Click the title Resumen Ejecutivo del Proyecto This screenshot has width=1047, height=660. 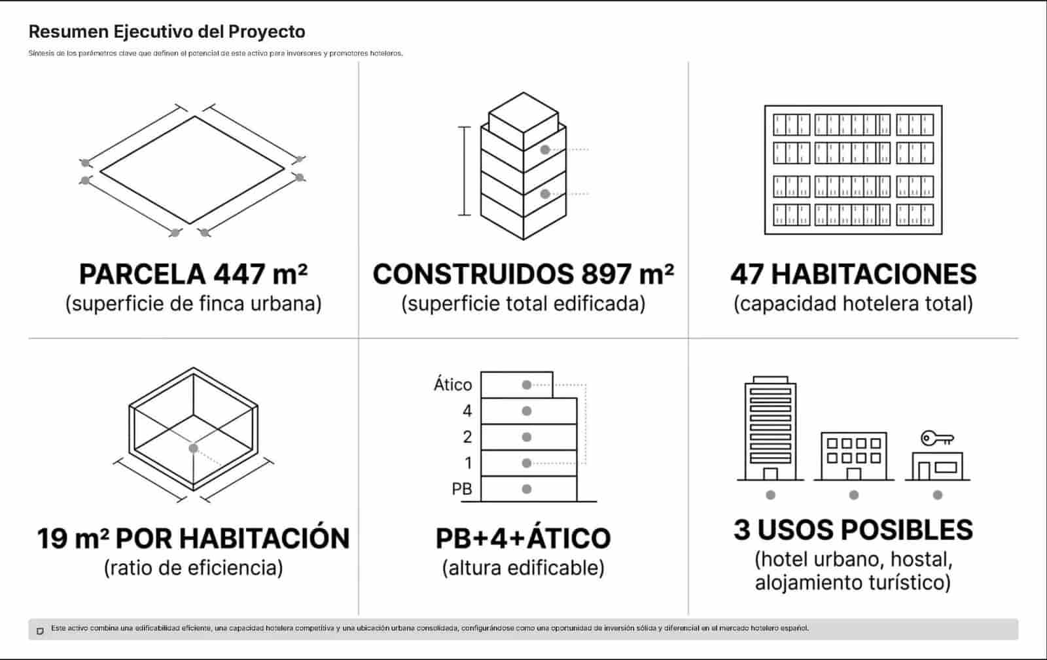coord(167,32)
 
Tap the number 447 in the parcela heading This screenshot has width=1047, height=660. coord(240,274)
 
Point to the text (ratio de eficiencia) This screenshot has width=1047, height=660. coord(194,568)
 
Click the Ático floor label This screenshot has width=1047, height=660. coord(453,384)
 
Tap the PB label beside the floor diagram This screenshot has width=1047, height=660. coord(462,489)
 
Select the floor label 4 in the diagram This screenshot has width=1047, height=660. coord(467,411)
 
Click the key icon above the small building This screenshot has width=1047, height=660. coord(937,438)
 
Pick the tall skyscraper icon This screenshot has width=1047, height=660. coord(770,428)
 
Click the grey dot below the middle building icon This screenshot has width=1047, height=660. coord(854,495)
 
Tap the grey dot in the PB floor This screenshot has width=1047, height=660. coord(527,489)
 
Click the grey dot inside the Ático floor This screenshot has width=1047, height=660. coord(527,385)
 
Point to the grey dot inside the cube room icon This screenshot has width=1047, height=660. coord(194,448)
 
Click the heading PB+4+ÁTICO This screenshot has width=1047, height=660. coord(523,538)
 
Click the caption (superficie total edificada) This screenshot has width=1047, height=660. coord(523,304)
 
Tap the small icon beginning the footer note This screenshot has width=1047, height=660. coord(40,631)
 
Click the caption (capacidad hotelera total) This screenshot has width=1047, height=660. coord(853,304)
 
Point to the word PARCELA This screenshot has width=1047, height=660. coord(143,274)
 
